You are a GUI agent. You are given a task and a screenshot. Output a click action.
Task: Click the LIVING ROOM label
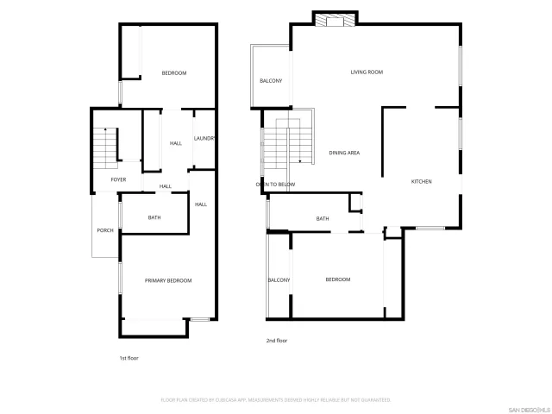point(367,72)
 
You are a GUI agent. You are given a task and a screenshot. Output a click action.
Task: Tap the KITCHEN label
point(421,181)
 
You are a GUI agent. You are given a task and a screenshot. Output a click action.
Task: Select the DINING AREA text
point(344,153)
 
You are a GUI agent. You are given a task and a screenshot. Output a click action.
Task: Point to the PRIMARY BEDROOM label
point(168,280)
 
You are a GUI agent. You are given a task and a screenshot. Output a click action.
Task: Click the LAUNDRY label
point(204,138)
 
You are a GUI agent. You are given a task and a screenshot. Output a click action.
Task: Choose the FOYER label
point(118,179)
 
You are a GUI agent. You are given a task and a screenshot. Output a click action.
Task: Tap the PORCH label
point(105,230)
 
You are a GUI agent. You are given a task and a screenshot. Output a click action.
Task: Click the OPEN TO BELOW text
point(275,185)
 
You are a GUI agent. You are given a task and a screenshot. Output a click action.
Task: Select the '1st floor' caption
point(129,358)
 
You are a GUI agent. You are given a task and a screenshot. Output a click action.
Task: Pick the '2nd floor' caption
point(276,341)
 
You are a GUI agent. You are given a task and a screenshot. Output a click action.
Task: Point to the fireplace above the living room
point(334,19)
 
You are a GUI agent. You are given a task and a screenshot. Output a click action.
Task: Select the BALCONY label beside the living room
point(271,81)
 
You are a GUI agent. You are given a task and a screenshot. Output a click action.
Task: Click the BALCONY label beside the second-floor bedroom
point(279,279)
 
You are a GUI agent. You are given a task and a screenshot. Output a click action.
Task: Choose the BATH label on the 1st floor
point(154,217)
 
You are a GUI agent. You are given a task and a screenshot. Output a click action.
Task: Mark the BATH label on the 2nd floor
point(323,219)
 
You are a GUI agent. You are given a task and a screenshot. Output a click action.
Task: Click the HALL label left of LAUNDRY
point(176,143)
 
